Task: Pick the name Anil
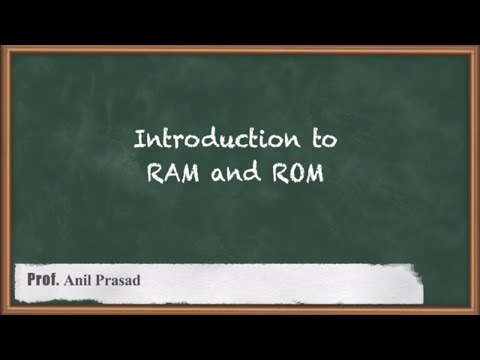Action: (x=80, y=280)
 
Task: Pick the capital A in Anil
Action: (x=69, y=280)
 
